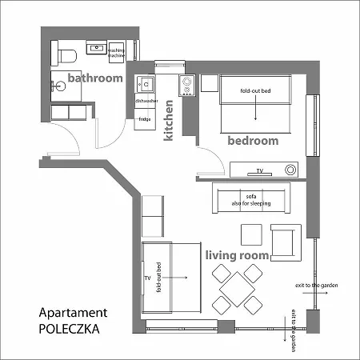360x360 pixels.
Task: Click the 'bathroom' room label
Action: [x=94, y=78]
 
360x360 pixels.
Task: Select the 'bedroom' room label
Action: [x=253, y=140]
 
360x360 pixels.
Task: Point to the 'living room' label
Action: [x=236, y=255]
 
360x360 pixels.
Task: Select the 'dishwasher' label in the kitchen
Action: [x=146, y=102]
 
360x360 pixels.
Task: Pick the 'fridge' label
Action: [x=145, y=119]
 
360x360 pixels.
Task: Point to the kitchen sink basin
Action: [x=146, y=82]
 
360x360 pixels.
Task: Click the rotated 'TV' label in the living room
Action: [x=147, y=278]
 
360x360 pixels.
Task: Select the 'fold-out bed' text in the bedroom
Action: [x=255, y=91]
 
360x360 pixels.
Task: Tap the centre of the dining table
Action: [x=238, y=287]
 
